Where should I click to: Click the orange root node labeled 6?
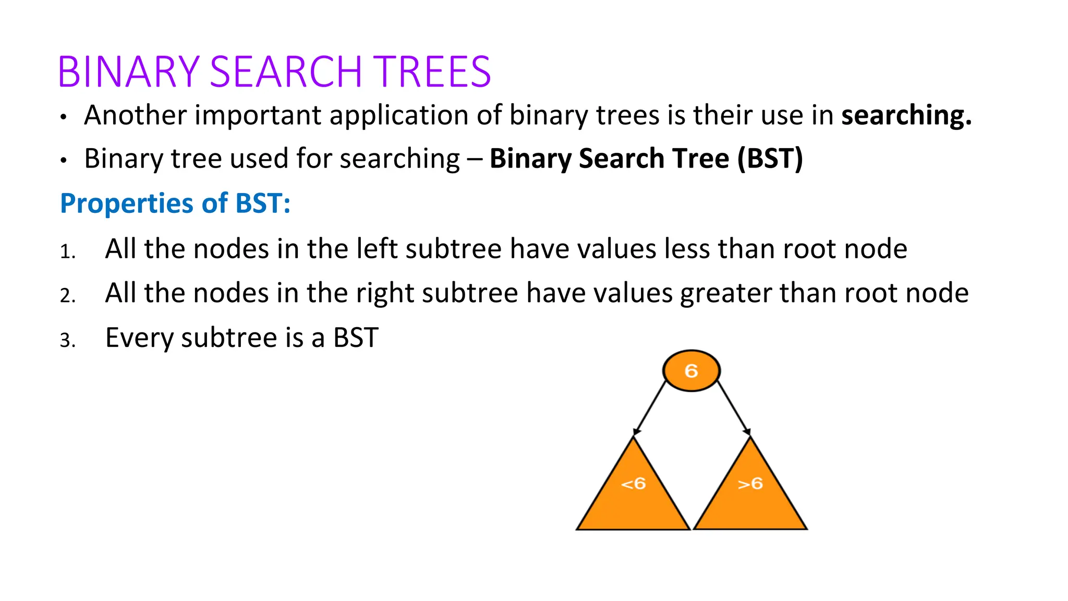point(691,370)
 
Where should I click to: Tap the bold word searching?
point(906,115)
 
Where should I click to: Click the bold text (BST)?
point(770,159)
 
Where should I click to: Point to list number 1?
point(68,252)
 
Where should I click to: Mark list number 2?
point(68,296)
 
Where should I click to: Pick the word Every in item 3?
point(139,338)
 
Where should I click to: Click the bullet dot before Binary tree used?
point(63,161)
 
